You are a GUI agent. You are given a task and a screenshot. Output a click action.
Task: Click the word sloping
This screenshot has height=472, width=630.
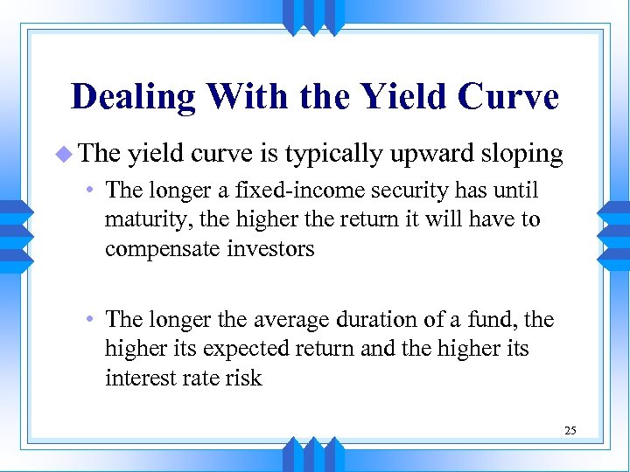pyautogui.click(x=521, y=155)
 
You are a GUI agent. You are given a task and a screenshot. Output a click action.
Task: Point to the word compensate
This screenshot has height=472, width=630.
pyautogui.click(x=159, y=248)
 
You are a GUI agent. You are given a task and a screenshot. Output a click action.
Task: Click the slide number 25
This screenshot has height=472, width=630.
pyautogui.click(x=570, y=430)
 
